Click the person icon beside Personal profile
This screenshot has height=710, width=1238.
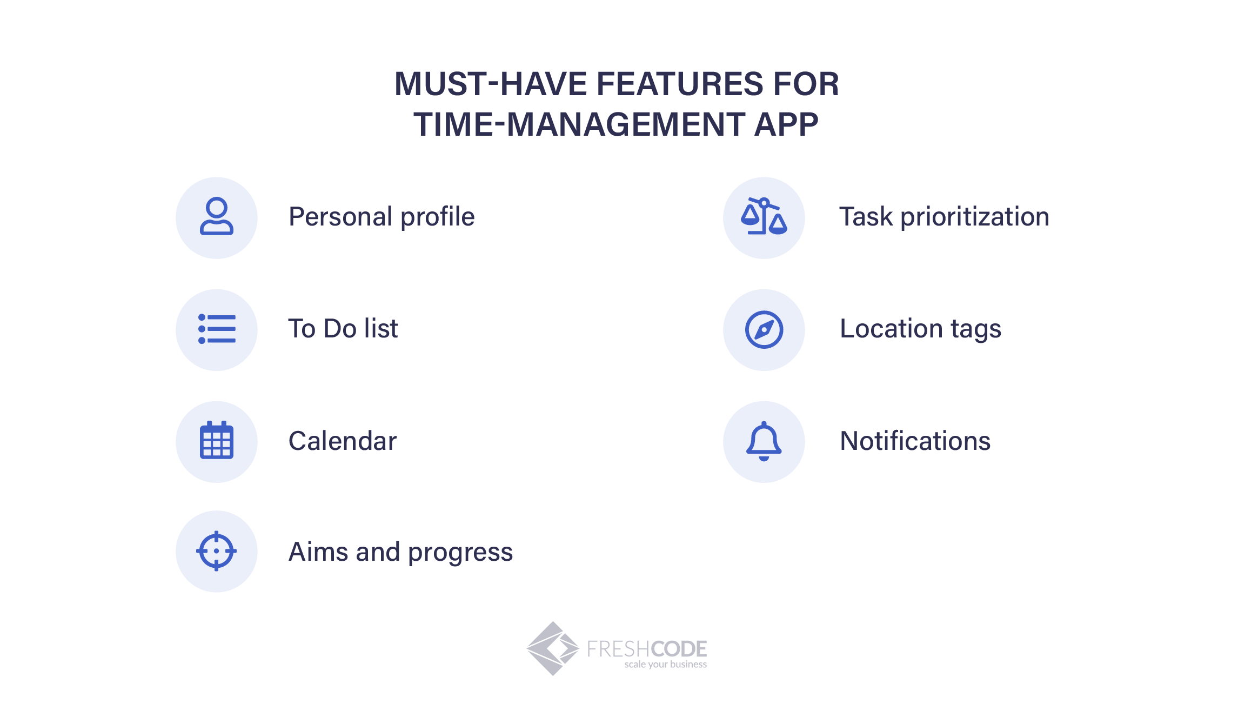(217, 216)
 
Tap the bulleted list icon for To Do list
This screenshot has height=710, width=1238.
(217, 329)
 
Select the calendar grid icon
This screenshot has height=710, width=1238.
(217, 440)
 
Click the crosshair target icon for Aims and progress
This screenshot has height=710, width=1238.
(217, 551)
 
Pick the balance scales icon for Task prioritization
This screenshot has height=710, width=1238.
(764, 216)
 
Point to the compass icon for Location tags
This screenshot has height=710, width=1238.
(764, 329)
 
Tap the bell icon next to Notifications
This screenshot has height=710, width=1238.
(764, 441)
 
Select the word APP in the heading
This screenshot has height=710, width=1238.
(786, 124)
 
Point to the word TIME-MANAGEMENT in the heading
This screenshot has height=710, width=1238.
(579, 124)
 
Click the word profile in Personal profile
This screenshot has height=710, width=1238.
(438, 217)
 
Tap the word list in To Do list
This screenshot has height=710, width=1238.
(381, 328)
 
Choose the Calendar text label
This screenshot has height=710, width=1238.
(343, 441)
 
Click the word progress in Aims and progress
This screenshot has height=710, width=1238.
(460, 553)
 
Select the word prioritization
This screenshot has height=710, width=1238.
(975, 217)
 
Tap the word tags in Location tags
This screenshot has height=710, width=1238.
(976, 330)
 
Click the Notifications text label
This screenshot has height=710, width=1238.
(915, 441)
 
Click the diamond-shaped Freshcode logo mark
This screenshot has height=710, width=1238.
(553, 648)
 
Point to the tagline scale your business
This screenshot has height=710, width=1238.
(666, 664)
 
